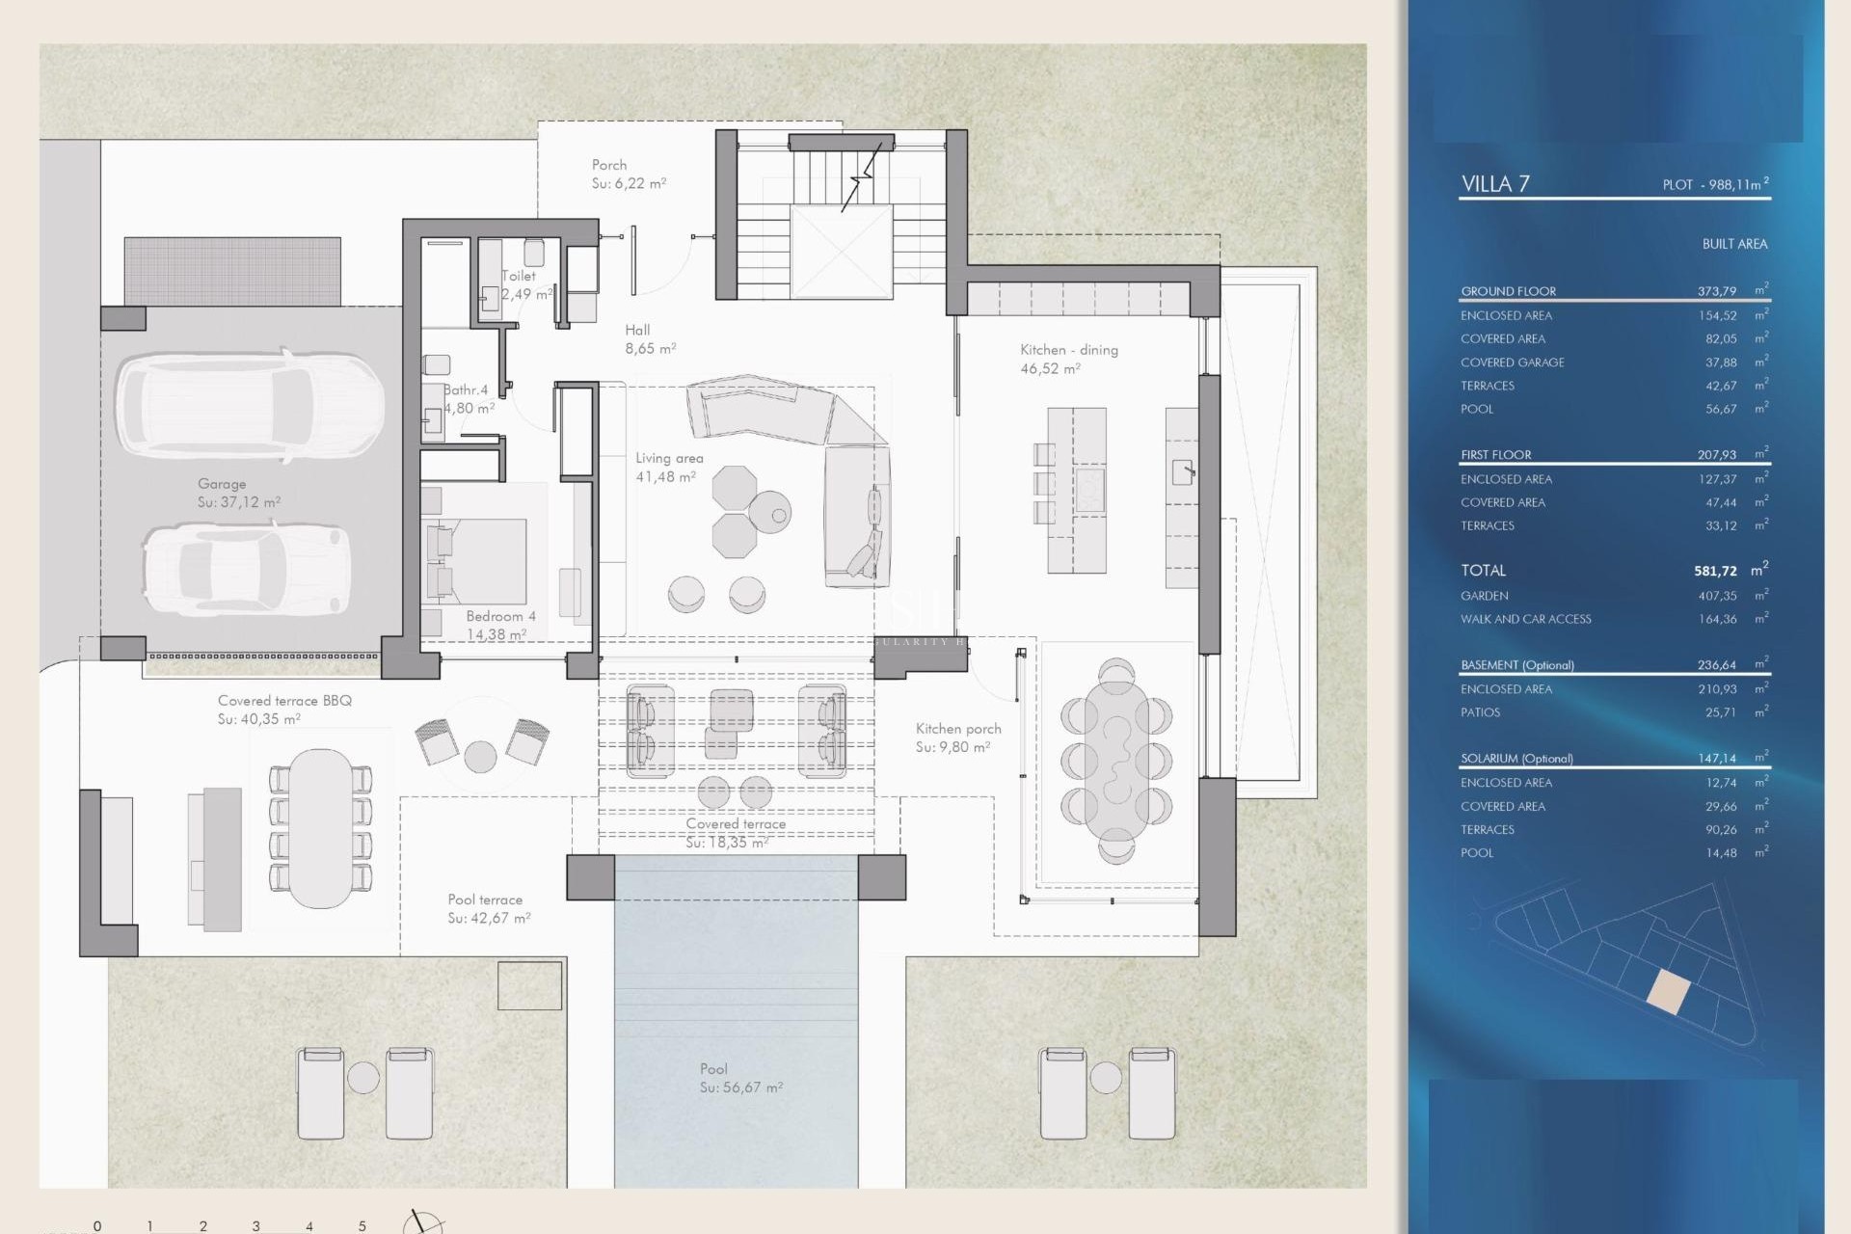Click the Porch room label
(609, 165)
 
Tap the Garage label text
(222, 484)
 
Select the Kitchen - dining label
(1068, 350)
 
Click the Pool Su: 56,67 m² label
(740, 1078)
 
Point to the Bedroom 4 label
(499, 616)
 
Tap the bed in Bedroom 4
(478, 561)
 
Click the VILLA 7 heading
(1495, 184)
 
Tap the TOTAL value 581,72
(1715, 571)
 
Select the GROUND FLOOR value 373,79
(1716, 291)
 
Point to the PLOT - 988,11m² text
(1715, 184)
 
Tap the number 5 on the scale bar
(362, 1226)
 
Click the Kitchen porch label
(957, 729)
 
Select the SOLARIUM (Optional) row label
(1516, 759)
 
